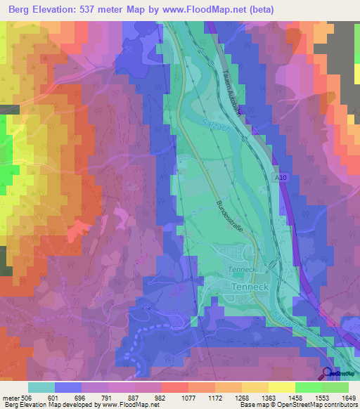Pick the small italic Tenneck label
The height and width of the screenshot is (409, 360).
240,270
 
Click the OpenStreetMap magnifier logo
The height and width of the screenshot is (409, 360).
328,373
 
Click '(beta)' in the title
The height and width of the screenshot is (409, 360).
259,10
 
